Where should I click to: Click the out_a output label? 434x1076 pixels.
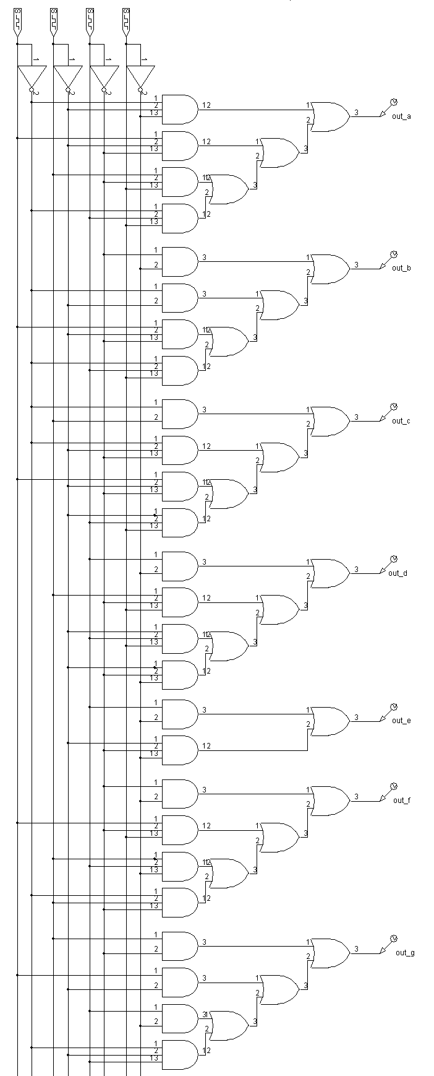click(401, 116)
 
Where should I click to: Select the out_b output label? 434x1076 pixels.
click(401, 268)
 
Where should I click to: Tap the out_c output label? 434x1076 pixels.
click(401, 421)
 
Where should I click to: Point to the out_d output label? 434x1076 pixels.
click(398, 573)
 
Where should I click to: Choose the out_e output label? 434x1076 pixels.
click(401, 721)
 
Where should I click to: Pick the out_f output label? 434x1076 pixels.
click(401, 800)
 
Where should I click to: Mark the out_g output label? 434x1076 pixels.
click(405, 953)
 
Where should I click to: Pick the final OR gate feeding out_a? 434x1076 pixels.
click(330, 116)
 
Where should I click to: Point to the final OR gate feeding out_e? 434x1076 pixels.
click(330, 721)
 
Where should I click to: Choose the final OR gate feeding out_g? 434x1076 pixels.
click(330, 953)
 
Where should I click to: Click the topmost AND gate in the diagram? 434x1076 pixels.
click(179, 110)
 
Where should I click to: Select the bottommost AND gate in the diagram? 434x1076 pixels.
click(179, 1054)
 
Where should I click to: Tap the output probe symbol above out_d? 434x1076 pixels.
click(393, 559)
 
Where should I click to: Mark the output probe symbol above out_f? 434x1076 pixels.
click(393, 787)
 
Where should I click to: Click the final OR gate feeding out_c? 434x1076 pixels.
click(330, 421)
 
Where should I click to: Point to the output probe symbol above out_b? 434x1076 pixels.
click(393, 254)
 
